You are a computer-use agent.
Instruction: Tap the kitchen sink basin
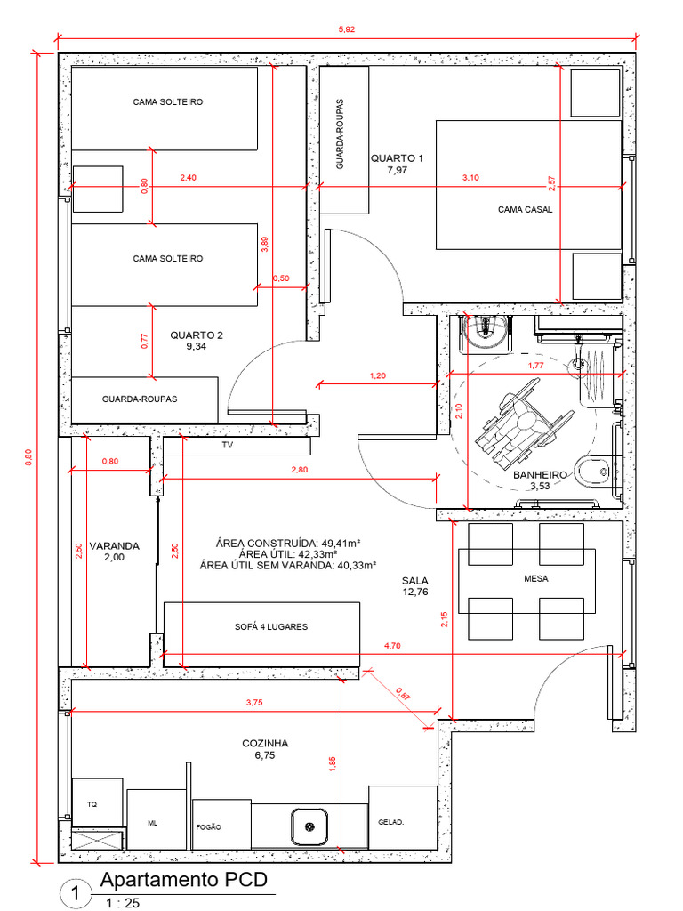309,826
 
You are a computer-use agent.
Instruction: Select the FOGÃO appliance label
208,827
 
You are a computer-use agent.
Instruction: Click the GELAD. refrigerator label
391,822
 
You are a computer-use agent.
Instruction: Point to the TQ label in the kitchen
92,804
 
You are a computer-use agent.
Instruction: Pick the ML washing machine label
152,823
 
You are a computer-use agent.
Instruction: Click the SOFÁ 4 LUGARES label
271,627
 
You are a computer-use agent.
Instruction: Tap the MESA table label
535,578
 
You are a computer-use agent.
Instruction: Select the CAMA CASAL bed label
525,209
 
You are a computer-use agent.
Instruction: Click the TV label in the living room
227,445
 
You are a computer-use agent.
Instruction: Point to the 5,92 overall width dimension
346,29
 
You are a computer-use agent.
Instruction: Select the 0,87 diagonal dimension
403,694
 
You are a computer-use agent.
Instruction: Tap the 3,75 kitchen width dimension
254,703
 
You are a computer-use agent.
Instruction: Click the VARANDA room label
115,546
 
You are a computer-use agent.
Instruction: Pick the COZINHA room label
265,743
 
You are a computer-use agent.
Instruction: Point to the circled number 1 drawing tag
76,893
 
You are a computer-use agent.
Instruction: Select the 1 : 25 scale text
123,903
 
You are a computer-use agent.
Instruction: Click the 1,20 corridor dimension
377,376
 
